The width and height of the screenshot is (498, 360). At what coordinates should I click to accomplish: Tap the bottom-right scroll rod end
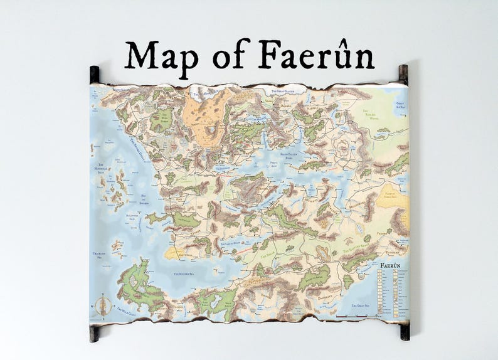404,332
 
